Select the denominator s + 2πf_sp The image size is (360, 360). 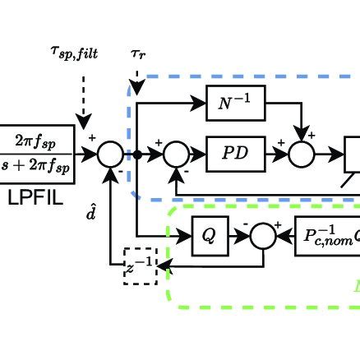click(38, 164)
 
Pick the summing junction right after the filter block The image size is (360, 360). click(110, 153)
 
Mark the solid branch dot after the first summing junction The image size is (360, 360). click(137, 153)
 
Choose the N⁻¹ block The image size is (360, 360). click(231, 104)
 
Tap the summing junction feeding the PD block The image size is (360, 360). click(175, 153)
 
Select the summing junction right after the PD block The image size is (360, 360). click(305, 153)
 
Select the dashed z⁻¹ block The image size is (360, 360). click(140, 265)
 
